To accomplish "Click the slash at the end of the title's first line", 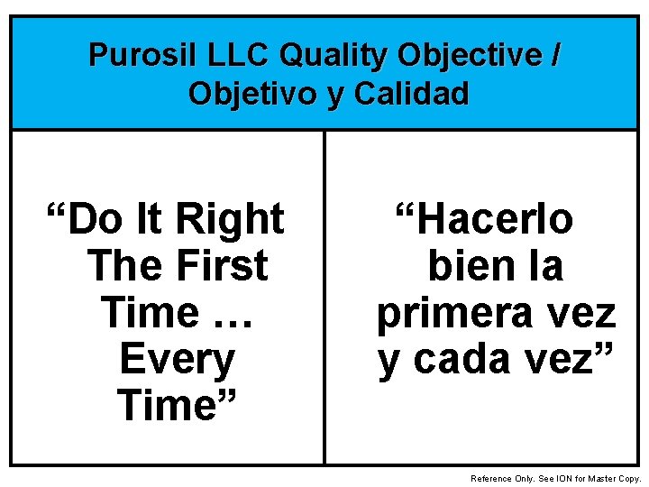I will pyautogui.click(x=553, y=56).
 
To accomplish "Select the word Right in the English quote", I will pyautogui.click(x=230, y=219).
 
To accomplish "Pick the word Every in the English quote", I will pyautogui.click(x=177, y=360).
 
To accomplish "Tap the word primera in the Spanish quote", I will pyautogui.click(x=452, y=313).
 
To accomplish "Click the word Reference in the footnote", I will pyautogui.click(x=491, y=478).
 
